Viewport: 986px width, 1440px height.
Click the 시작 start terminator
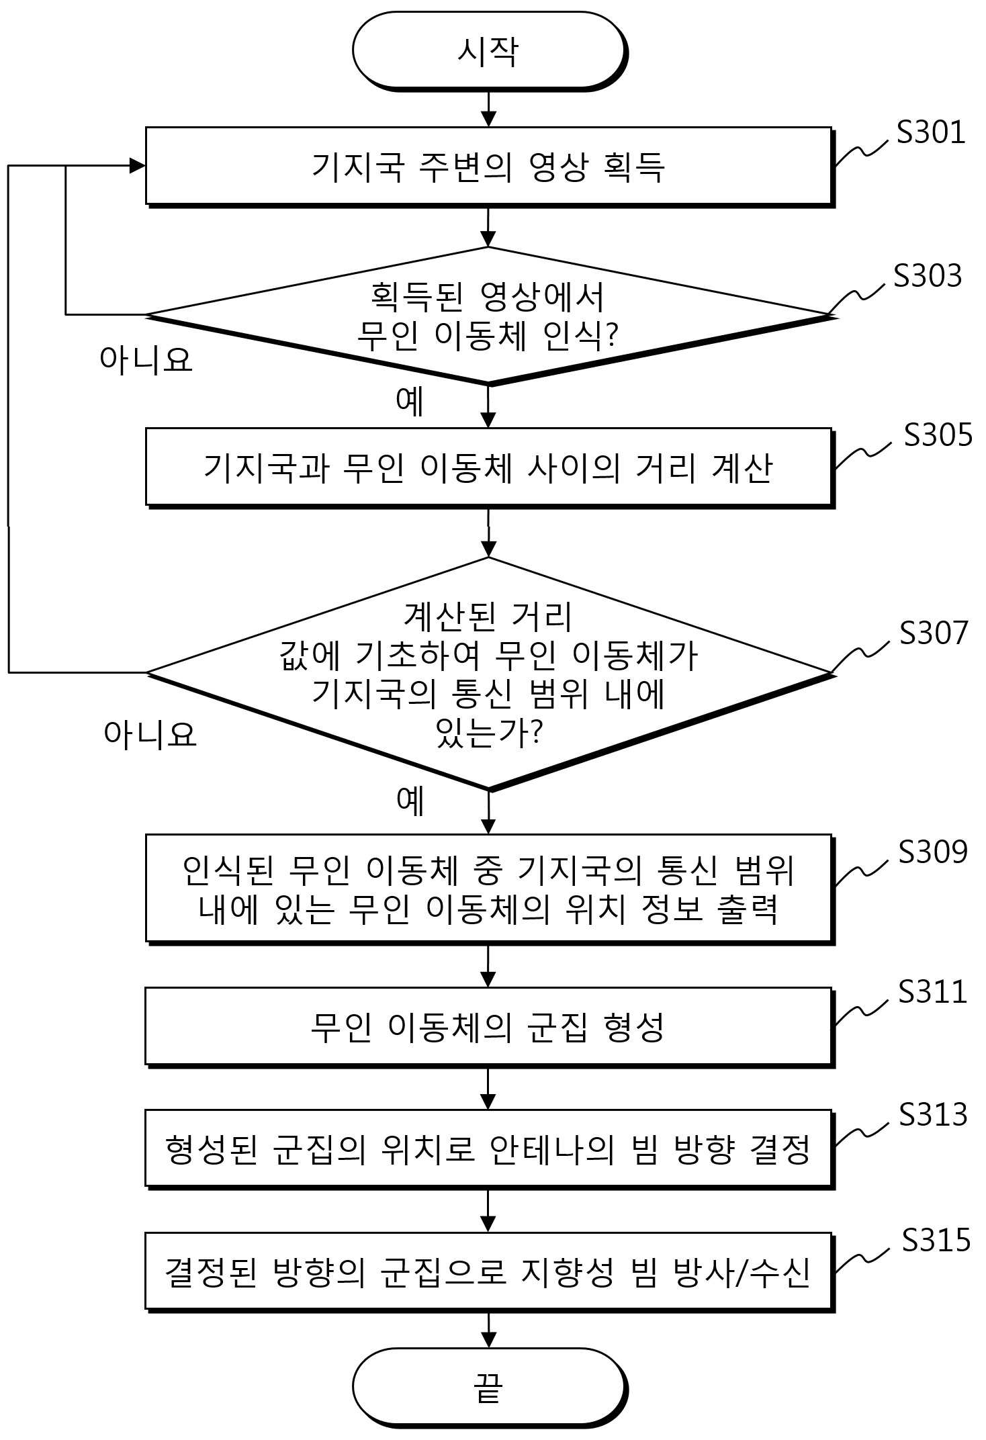tap(489, 51)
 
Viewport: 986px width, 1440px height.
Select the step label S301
tap(931, 132)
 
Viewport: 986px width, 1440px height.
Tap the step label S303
tap(928, 275)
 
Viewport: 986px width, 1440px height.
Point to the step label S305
tap(938, 435)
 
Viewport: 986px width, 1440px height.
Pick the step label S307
tap(934, 633)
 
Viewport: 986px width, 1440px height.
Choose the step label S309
tap(933, 852)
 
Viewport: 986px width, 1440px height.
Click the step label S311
tap(932, 991)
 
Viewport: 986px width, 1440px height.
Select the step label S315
tap(936, 1240)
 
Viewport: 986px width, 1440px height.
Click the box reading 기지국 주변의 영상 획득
tap(489, 167)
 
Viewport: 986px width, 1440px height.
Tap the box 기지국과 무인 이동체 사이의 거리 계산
tap(489, 467)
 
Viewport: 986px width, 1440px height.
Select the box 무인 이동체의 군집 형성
tap(489, 1027)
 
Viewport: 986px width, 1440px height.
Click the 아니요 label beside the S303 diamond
tap(146, 359)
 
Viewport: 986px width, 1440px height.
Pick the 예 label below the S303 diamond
tap(410, 401)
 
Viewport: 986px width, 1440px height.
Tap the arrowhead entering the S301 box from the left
tap(138, 166)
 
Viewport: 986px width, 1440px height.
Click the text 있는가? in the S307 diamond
tap(488, 733)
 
